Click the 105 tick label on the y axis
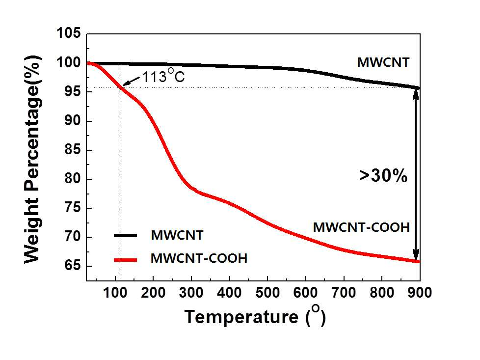pyautogui.click(x=69, y=33)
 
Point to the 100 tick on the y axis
pyautogui.click(x=69, y=62)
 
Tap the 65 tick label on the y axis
pyautogui.click(x=74, y=266)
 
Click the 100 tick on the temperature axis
pyautogui.click(x=115, y=293)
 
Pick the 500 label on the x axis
pyautogui.click(x=267, y=293)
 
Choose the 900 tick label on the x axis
pyautogui.click(x=419, y=293)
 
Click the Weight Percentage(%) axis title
pyautogui.click(x=32, y=159)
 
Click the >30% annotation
pyautogui.click(x=383, y=176)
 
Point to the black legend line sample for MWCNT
pyautogui.click(x=126, y=235)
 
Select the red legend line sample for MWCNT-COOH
pyautogui.click(x=126, y=260)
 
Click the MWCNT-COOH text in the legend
pyautogui.click(x=199, y=258)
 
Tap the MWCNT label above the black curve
pyautogui.click(x=383, y=62)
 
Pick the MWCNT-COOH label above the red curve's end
pyautogui.click(x=361, y=227)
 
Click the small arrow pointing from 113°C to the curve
pyautogui.click(x=132, y=81)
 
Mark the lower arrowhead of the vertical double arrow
pyautogui.click(x=416, y=255)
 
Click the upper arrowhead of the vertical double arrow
pyautogui.click(x=416, y=94)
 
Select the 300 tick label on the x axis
pyautogui.click(x=191, y=293)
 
